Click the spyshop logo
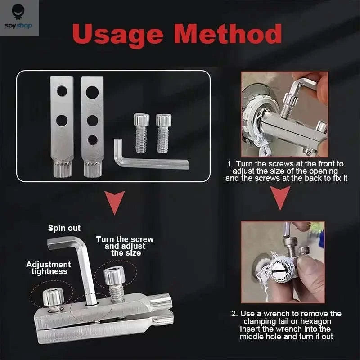coord(19,18)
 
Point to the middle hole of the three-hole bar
coord(92,120)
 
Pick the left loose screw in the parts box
coord(141,133)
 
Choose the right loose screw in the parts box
coord(163,133)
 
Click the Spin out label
coord(64,228)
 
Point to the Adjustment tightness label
coord(48,268)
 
